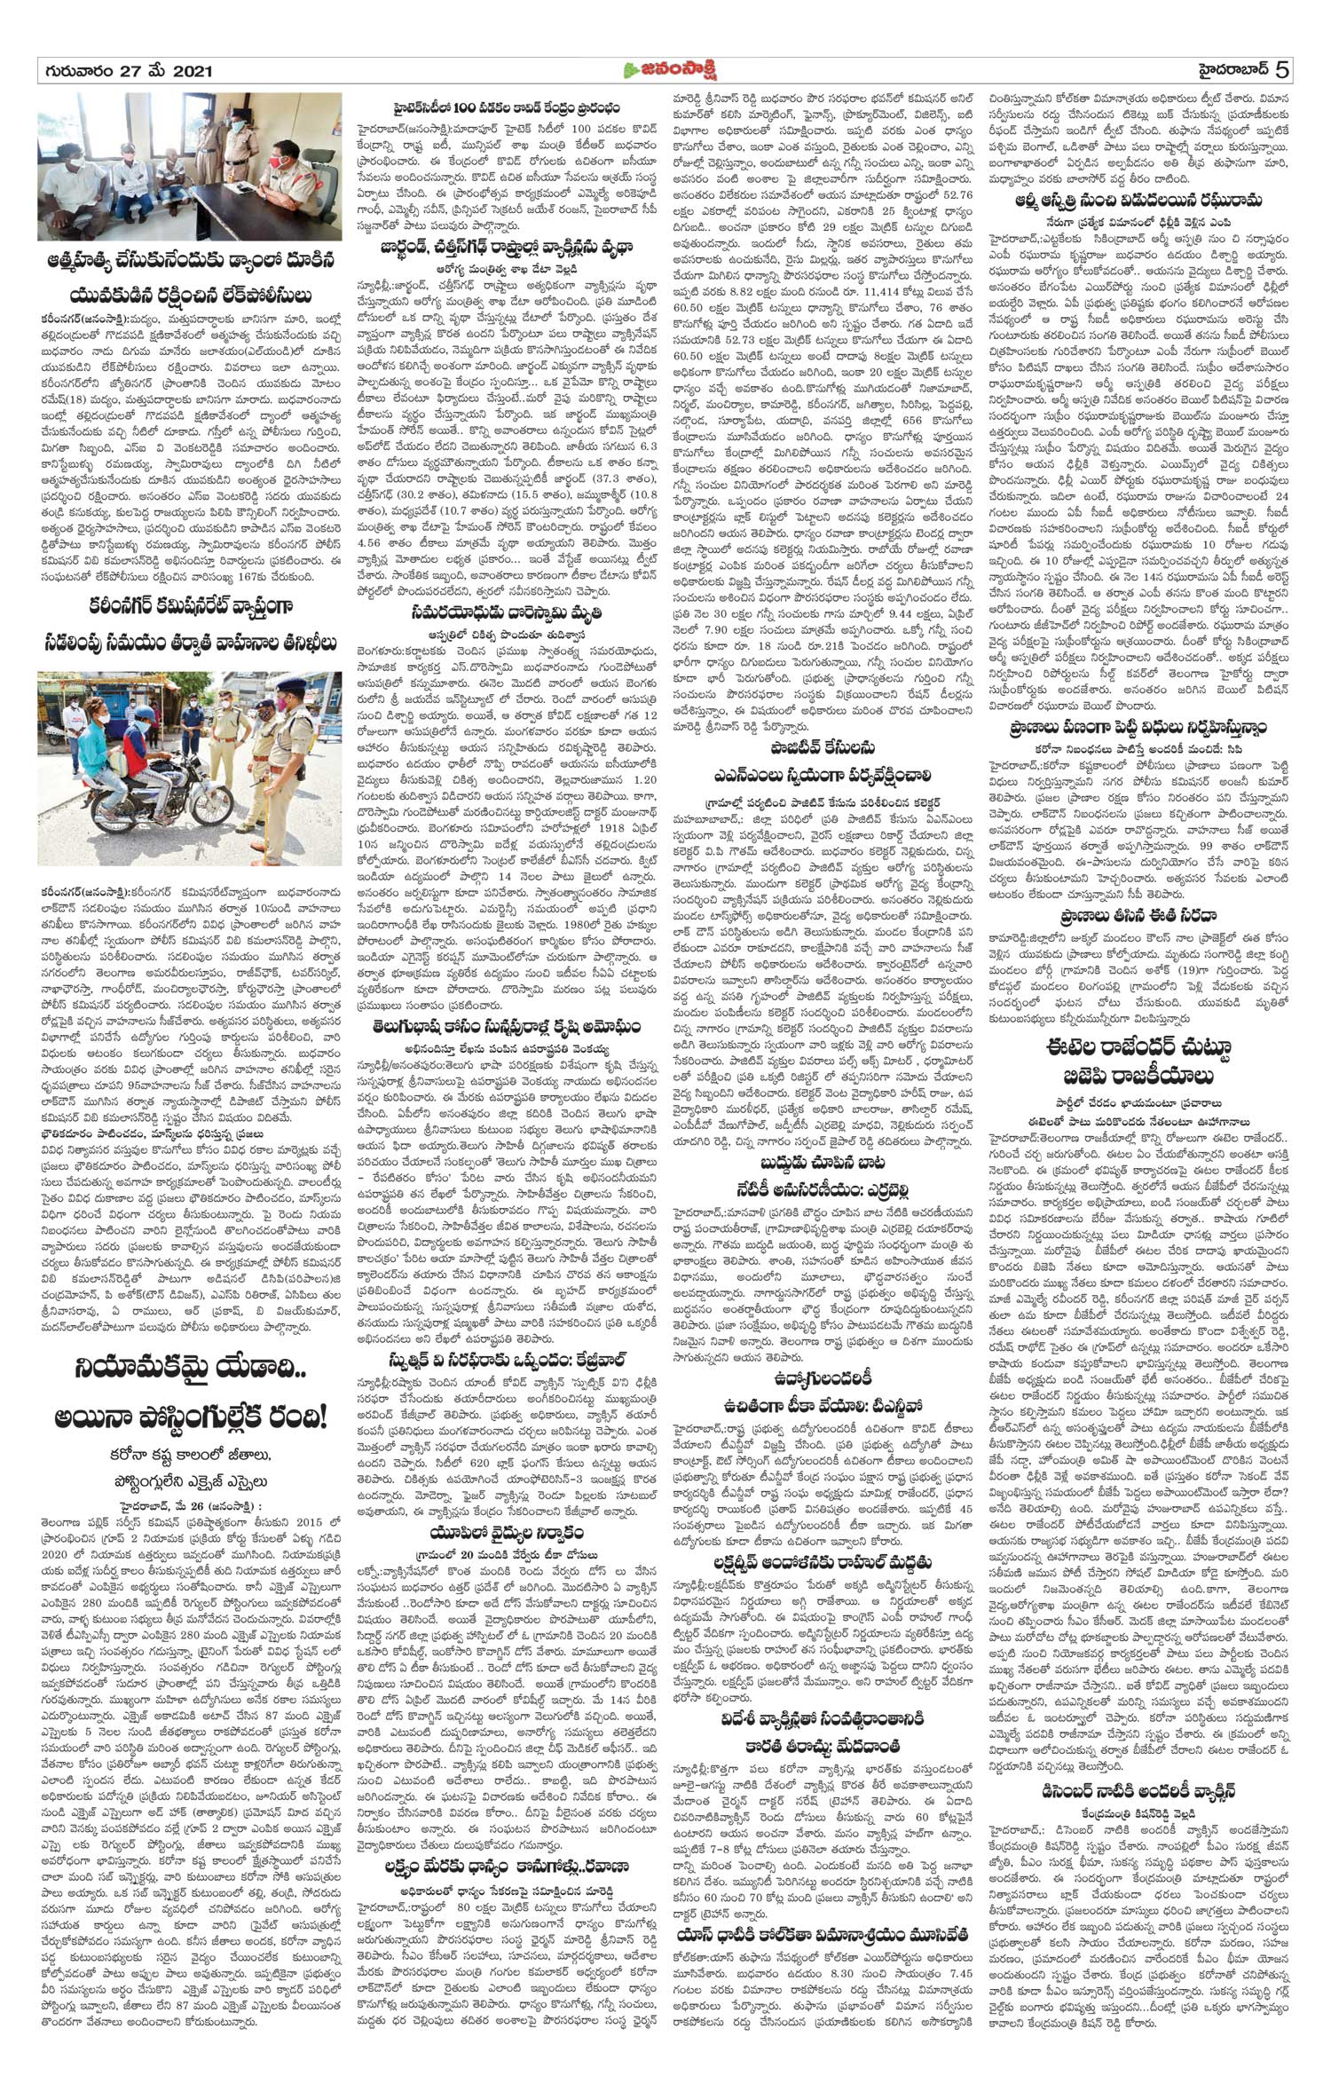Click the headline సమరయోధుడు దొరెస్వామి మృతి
[508, 614]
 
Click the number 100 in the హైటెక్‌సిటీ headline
[468, 107]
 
